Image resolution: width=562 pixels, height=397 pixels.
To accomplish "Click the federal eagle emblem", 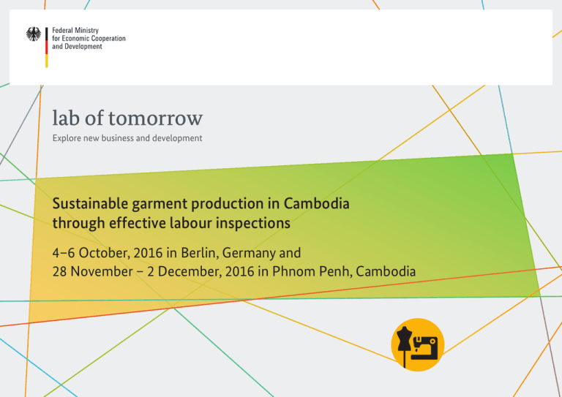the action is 34,34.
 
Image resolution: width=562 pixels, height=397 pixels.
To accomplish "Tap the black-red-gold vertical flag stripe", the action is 47,48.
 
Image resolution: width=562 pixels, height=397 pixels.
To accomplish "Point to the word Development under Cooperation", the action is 83,47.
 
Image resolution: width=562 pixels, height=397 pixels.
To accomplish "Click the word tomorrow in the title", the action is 156,118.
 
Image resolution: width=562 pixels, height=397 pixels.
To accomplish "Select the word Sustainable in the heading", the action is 90,203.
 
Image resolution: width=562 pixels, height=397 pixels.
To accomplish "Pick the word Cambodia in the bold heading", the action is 316,203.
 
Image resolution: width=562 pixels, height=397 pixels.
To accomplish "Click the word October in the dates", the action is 103,253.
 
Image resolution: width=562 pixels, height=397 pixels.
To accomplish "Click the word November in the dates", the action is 102,271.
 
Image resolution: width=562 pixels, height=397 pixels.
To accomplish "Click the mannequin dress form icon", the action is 404,345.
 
